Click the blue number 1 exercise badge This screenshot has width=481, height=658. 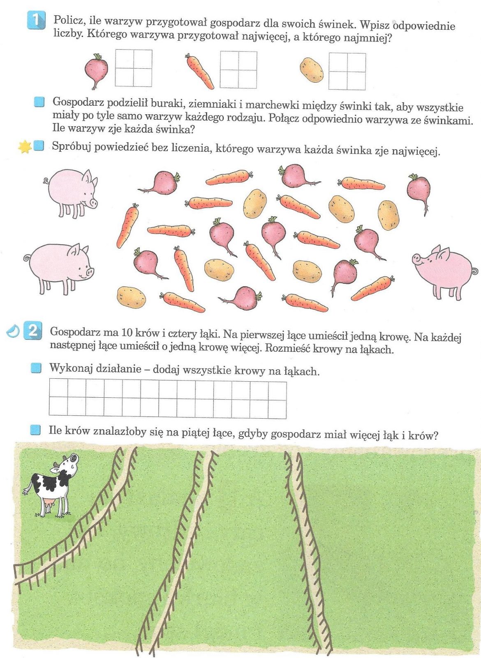coord(36,20)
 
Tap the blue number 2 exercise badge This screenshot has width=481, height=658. coord(33,331)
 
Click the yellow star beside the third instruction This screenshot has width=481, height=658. coord(25,146)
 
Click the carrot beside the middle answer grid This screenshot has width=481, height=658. coord(200,71)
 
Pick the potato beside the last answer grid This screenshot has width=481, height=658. coord(312,70)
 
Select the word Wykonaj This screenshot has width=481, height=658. coord(66,368)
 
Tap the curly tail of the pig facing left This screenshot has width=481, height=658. coord(474,271)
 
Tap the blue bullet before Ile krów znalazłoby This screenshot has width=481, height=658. coord(35,430)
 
